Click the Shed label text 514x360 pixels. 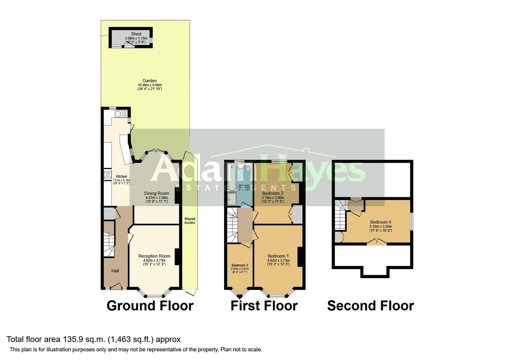(x=136, y=34)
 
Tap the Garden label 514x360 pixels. (x=150, y=81)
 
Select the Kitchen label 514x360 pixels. (x=121, y=177)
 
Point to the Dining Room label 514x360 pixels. (x=157, y=193)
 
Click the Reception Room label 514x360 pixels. (x=154, y=256)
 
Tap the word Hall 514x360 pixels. (x=115, y=271)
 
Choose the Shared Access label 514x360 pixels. (x=190, y=221)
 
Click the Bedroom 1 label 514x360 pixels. (x=278, y=256)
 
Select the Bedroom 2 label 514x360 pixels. (x=273, y=193)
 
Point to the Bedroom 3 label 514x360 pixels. (x=240, y=265)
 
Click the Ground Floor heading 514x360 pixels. (x=150, y=306)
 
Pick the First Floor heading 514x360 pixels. (x=264, y=306)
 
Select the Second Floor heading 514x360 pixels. (x=370, y=306)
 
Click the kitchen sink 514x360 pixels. (x=119, y=114)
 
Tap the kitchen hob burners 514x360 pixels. (x=108, y=175)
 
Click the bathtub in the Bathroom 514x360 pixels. (x=232, y=177)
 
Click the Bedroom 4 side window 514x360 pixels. (x=412, y=221)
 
